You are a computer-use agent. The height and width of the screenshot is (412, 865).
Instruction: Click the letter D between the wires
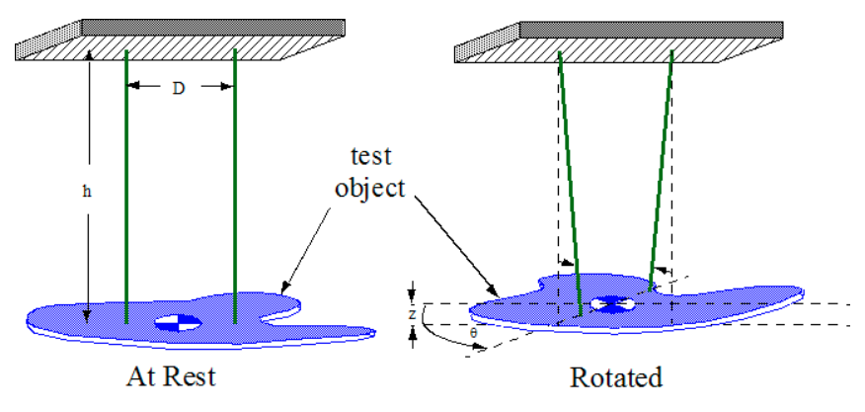179,88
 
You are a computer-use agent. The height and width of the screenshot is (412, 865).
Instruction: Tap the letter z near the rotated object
412,313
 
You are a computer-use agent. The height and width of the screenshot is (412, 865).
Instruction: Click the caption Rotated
615,376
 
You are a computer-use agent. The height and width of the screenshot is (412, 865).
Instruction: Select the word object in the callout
371,188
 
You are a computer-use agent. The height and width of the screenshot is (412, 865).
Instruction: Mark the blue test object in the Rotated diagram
731,301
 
